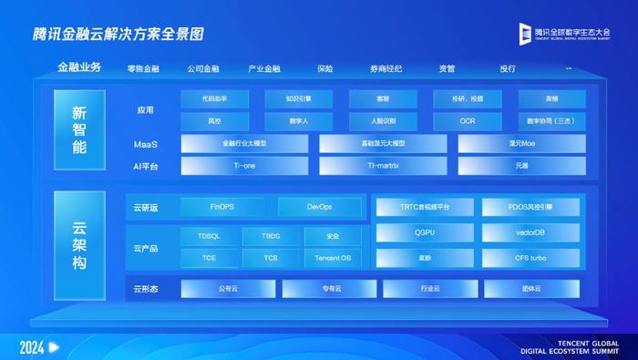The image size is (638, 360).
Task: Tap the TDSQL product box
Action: click(210, 235)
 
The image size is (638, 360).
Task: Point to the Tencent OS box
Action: click(333, 258)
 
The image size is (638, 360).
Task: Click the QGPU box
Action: click(425, 232)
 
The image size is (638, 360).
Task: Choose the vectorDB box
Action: click(530, 232)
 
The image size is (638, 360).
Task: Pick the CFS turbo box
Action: click(530, 258)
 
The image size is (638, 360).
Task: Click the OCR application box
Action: click(467, 120)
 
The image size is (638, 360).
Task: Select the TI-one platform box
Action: click(245, 166)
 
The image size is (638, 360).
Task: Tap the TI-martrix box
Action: click(383, 166)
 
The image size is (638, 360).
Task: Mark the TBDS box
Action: click(271, 235)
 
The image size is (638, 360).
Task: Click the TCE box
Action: click(210, 258)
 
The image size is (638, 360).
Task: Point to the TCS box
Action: click(271, 258)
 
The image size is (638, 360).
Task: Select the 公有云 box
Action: click(228, 289)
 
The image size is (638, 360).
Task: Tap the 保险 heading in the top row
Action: click(325, 68)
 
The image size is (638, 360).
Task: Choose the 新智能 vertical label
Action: click(80, 129)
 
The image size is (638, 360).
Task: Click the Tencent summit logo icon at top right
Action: click(524, 34)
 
